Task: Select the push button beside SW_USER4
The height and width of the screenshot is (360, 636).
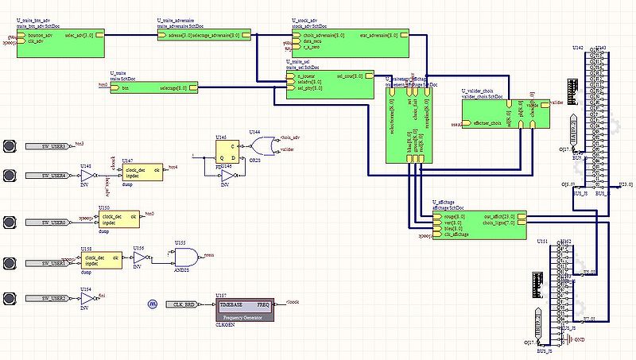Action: [x=10, y=175]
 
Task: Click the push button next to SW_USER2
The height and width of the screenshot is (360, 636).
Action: [x=10, y=298]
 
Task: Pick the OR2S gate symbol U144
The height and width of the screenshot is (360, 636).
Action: [x=259, y=146]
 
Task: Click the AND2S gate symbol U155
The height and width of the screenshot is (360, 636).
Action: [x=185, y=257]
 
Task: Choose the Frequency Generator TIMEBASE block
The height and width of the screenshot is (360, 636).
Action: [x=244, y=309]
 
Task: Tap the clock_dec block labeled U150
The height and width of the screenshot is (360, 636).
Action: [x=119, y=220]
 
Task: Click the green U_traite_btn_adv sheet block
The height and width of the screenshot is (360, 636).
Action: [x=59, y=41]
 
